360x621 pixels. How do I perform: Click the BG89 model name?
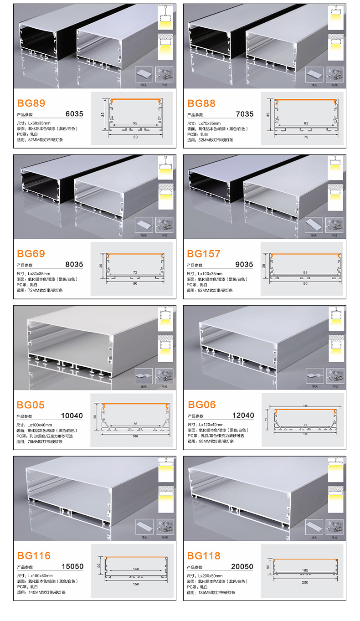(x=31, y=103)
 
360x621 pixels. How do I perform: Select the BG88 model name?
(x=201, y=103)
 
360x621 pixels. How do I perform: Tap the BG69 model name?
(x=31, y=253)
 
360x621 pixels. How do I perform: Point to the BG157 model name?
(x=204, y=253)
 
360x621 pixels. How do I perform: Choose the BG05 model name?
(x=31, y=405)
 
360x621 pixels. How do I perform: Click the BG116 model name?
(x=34, y=555)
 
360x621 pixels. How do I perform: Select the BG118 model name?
(x=204, y=555)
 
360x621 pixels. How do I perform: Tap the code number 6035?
(x=75, y=114)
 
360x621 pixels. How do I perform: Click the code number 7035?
(x=245, y=114)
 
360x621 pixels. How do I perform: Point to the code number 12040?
(x=243, y=416)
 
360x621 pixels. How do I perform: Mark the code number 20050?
(x=242, y=567)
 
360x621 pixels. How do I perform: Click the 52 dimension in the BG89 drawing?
(x=135, y=123)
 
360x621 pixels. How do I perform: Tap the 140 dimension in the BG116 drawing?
(x=135, y=569)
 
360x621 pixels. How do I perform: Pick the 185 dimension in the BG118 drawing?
(x=305, y=570)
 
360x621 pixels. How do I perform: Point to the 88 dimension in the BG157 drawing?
(x=305, y=273)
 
